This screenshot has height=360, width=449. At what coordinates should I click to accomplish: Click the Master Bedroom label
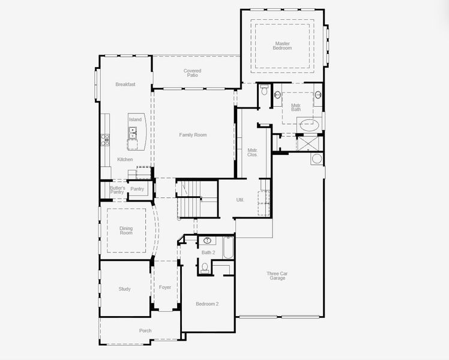click(x=283, y=46)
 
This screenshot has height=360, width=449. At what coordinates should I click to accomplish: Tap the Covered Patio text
click(x=192, y=73)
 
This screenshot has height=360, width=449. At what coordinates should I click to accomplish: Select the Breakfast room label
click(x=125, y=85)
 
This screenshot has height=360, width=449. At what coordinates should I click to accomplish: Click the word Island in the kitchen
click(x=135, y=119)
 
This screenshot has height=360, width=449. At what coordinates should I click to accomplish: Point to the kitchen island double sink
click(x=132, y=133)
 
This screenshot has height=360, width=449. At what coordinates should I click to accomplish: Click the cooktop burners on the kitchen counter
click(x=105, y=140)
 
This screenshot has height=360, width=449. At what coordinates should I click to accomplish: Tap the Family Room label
click(x=193, y=135)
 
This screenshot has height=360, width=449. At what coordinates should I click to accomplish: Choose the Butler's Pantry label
click(x=117, y=190)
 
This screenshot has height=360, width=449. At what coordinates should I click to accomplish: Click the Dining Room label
click(x=126, y=230)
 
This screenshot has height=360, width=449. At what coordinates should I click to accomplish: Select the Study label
click(x=124, y=289)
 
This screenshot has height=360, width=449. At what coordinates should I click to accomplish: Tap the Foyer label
click(x=165, y=287)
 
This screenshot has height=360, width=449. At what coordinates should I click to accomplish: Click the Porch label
click(x=145, y=331)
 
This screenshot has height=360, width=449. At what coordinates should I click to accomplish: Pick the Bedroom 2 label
click(x=207, y=304)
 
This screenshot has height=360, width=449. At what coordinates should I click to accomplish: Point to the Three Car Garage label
click(x=277, y=276)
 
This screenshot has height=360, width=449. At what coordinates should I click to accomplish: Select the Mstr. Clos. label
click(x=253, y=152)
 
